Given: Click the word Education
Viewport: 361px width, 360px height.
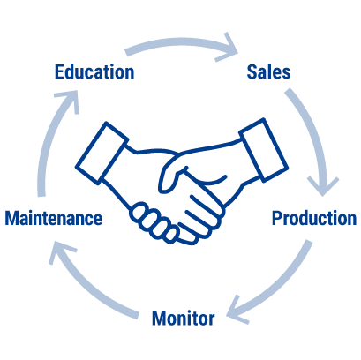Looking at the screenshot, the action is point(94,72).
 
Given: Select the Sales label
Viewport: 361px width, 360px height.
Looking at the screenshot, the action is point(268,72).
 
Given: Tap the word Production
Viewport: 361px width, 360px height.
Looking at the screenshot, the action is point(314,219).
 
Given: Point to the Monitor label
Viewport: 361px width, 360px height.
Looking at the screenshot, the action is point(184,318).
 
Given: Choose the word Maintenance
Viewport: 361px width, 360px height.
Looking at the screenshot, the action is point(54,218).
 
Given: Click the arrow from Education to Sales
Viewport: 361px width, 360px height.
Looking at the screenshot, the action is point(179,41).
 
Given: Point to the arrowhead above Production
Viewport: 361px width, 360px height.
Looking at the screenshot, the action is point(323,187).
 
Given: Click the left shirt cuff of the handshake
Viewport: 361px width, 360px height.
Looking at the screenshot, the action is point(102,154).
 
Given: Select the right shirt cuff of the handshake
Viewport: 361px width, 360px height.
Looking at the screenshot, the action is point(264,150).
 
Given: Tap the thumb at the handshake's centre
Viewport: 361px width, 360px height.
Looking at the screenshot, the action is point(170,174).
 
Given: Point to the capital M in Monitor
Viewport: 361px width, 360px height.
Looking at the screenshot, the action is point(160,318).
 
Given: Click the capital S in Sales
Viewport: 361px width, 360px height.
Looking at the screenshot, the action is point(252,72).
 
